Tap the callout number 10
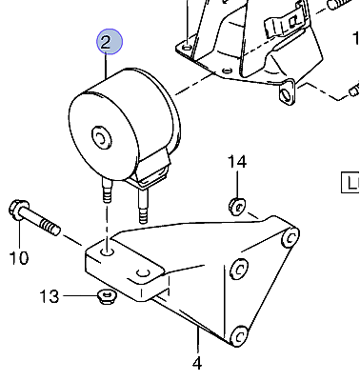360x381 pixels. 19,257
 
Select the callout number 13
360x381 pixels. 50,296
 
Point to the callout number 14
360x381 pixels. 237,162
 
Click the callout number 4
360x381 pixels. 197,363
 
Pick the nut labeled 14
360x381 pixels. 236,206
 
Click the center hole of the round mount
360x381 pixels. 101,138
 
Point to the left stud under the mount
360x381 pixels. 107,190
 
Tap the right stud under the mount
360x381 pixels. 143,207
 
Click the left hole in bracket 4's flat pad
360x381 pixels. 108,252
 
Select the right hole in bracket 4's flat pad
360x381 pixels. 143,273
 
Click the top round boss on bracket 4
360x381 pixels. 290,237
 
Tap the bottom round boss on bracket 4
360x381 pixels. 240,335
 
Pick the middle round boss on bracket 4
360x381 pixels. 238,270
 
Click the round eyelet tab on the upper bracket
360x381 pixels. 287,92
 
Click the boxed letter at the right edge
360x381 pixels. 350,183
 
